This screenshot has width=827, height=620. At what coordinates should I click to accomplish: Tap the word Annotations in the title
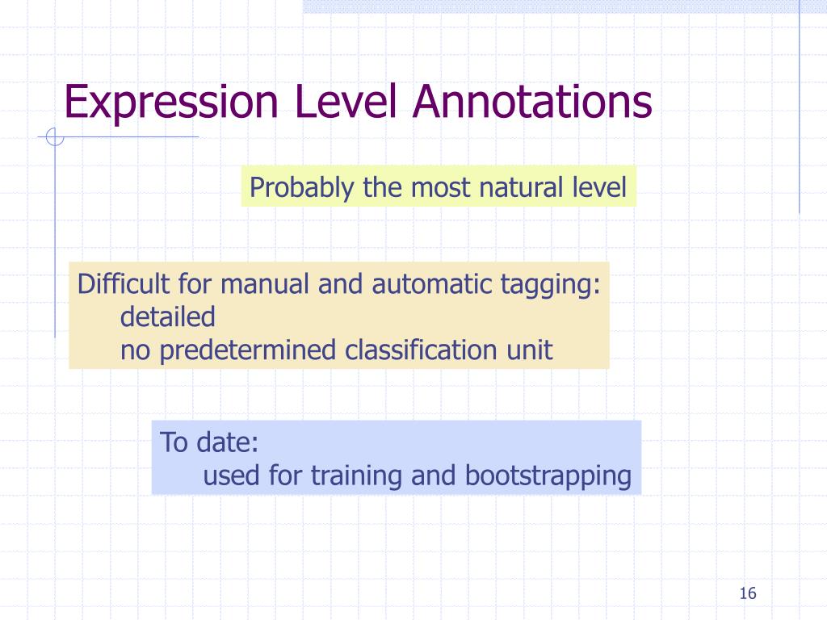point(533,103)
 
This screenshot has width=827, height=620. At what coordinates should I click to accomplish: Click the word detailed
point(167,317)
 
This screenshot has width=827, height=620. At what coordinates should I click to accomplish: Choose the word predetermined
point(248,350)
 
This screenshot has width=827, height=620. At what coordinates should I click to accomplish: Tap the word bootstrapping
point(548,476)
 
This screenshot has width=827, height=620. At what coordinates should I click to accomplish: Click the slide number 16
point(747,594)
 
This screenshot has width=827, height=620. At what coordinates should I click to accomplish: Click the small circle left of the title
point(55,138)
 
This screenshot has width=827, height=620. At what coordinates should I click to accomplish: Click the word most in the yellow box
point(443,188)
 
